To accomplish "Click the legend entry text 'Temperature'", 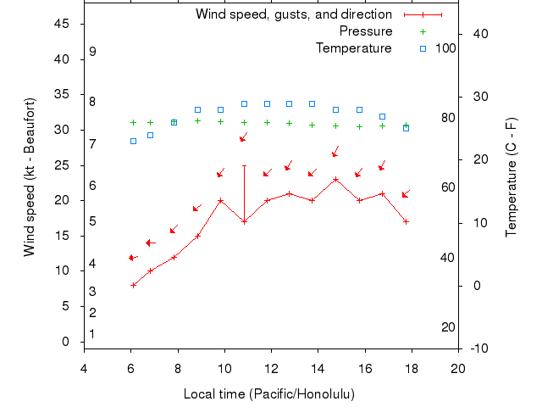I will [x=354, y=47].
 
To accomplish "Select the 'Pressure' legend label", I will [x=366, y=31].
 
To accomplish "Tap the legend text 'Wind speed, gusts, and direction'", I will [x=294, y=14].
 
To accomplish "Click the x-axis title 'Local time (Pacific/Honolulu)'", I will [x=269, y=394].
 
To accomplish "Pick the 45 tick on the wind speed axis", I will [x=61, y=24].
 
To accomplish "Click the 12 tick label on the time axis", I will [x=271, y=369].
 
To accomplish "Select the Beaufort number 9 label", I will [x=92, y=52].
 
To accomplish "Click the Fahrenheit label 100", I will [x=445, y=47].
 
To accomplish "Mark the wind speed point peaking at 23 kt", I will [x=336, y=179].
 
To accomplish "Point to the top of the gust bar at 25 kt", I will [x=244, y=165].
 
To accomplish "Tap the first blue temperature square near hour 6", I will [x=134, y=141].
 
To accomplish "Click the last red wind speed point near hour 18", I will [x=406, y=221].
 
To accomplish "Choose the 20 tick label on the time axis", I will [x=458, y=369].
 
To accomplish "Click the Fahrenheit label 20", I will [x=449, y=327].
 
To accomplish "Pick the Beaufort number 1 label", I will [x=92, y=334].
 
